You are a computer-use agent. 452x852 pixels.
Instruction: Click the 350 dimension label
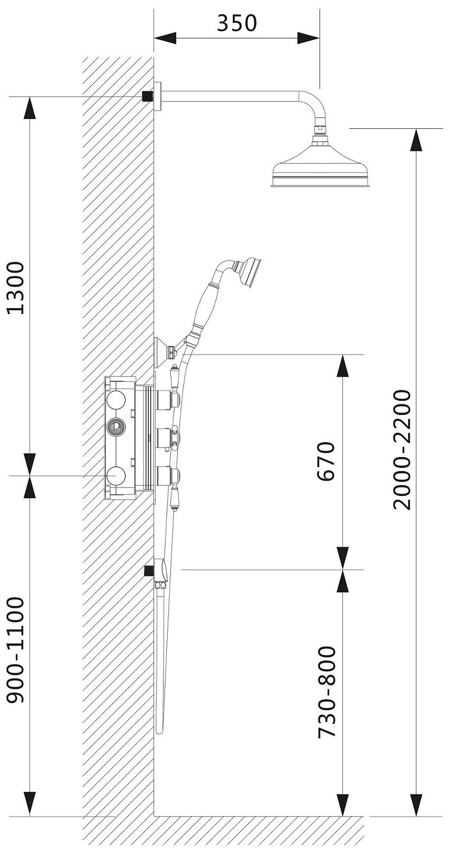point(237,23)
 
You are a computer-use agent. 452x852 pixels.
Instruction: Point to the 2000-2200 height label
point(402,450)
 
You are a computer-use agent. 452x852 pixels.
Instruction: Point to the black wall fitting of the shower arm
point(148,96)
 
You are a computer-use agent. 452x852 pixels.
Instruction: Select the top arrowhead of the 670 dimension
point(343,366)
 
